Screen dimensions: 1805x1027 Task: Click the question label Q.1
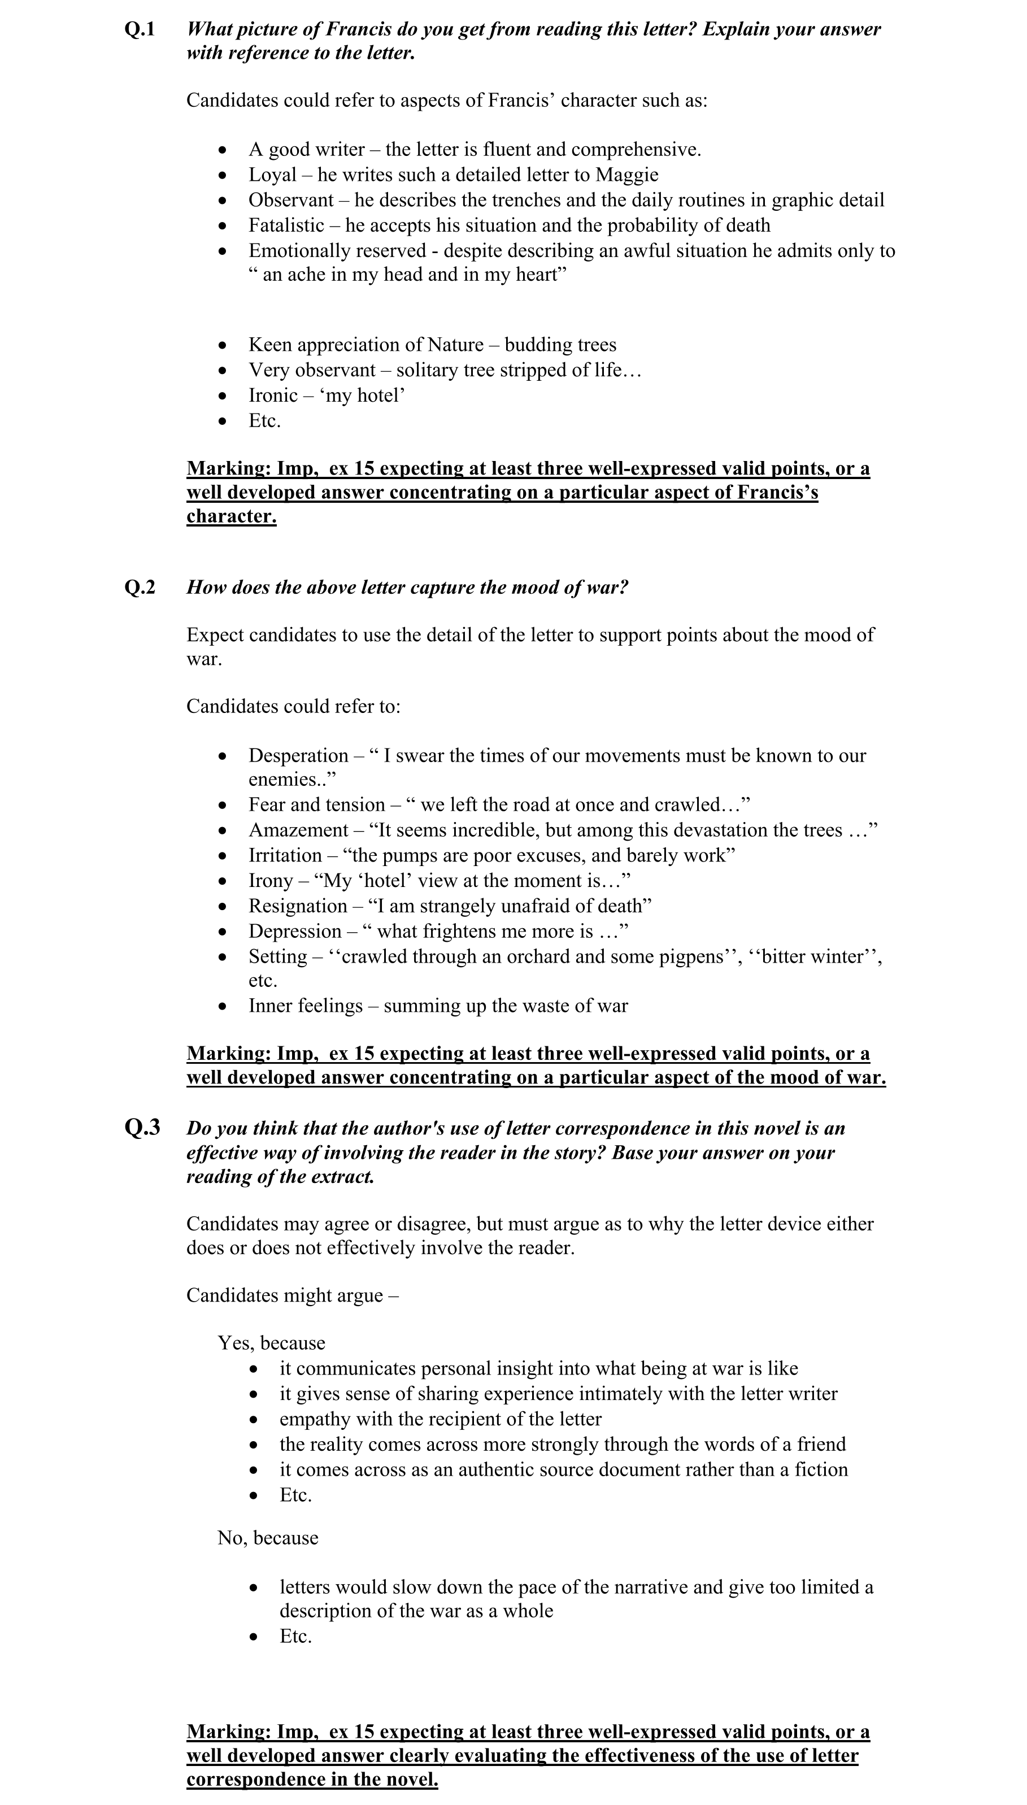pyautogui.click(x=140, y=29)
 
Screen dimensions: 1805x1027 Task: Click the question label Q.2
pyautogui.click(x=140, y=588)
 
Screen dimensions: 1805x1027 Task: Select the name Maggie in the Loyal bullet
pyautogui.click(x=626, y=175)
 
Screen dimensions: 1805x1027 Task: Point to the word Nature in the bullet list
pyautogui.click(x=455, y=345)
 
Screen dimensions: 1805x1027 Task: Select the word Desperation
pyautogui.click(x=298, y=755)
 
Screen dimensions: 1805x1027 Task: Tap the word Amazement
pyautogui.click(x=298, y=830)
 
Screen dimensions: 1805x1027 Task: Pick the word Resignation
pyautogui.click(x=298, y=906)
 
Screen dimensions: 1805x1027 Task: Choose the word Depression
pyautogui.click(x=295, y=932)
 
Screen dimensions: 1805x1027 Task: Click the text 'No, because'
pyautogui.click(x=268, y=1538)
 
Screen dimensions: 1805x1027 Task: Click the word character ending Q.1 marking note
pyautogui.click(x=232, y=516)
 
